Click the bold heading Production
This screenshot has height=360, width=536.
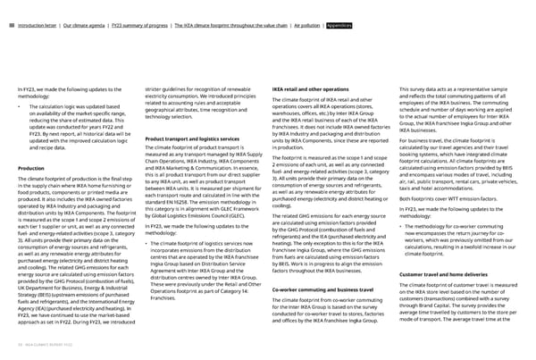pos(35,168)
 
